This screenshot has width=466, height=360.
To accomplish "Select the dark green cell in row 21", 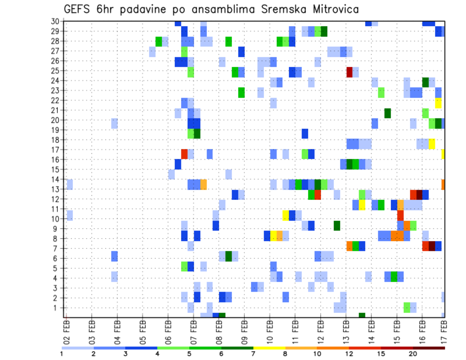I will [388, 113].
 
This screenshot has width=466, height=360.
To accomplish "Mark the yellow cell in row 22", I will [438, 103].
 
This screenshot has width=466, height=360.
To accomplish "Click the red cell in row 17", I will [184, 154].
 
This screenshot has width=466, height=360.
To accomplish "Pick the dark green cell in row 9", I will [337, 226].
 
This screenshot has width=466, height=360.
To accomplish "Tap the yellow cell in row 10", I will [286, 215].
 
